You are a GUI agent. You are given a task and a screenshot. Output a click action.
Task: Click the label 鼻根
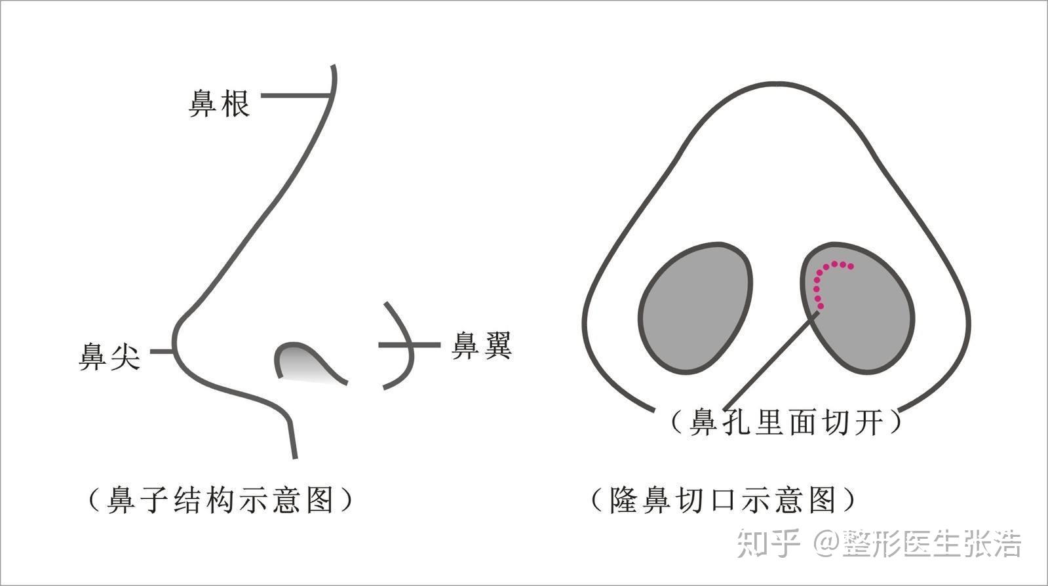tap(220, 104)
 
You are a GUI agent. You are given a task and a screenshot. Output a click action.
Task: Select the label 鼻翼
tap(482, 345)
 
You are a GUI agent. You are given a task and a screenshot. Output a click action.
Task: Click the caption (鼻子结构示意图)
tap(220, 500)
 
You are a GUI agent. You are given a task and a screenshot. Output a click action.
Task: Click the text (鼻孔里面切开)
tap(786, 421)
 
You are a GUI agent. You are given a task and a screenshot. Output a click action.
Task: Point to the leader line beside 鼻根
tap(295, 96)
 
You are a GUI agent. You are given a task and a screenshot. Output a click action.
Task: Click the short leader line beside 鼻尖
tap(162, 351)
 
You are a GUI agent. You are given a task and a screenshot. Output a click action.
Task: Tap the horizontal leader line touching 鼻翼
tap(410, 345)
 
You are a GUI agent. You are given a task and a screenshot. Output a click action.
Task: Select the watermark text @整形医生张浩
tap(918, 543)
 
